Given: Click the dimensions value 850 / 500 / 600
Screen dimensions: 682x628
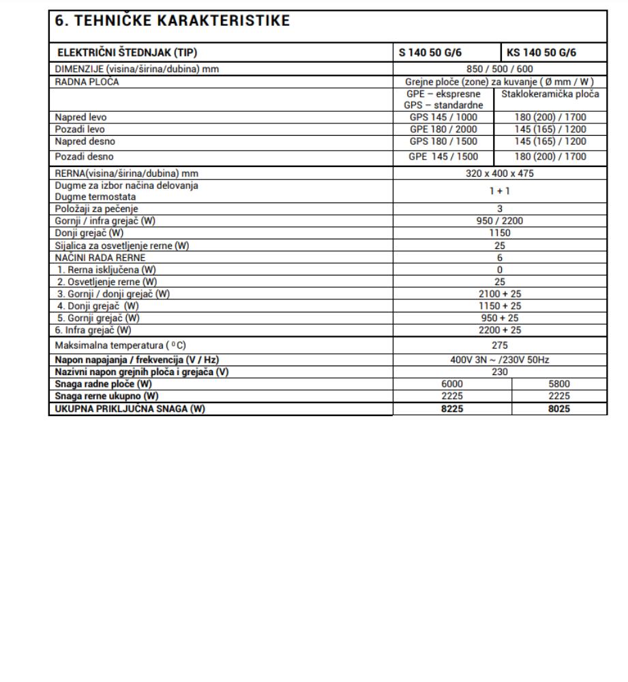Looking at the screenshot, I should (500, 69).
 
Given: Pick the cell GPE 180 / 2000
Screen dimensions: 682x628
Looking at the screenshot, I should (448, 129).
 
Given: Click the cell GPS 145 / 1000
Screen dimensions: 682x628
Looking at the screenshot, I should (448, 117).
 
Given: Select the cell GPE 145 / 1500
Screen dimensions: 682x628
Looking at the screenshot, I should (448, 156).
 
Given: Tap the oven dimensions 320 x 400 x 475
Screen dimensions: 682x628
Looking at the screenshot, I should (500, 173).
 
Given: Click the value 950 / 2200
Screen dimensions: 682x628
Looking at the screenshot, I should (500, 221).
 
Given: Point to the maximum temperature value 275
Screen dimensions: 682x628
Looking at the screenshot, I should (500, 345).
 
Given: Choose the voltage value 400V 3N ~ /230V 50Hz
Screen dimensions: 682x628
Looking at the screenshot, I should (500, 359).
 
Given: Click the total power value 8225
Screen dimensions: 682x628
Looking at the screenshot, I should (452, 409).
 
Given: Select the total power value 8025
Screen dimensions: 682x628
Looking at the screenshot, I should (558, 409).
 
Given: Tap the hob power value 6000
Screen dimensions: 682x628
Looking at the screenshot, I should (452, 384).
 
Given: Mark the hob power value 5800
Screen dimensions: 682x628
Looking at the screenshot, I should (558, 384).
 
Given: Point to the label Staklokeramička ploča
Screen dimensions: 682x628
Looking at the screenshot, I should (551, 93).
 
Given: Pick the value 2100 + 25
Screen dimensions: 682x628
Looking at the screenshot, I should (500, 293).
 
